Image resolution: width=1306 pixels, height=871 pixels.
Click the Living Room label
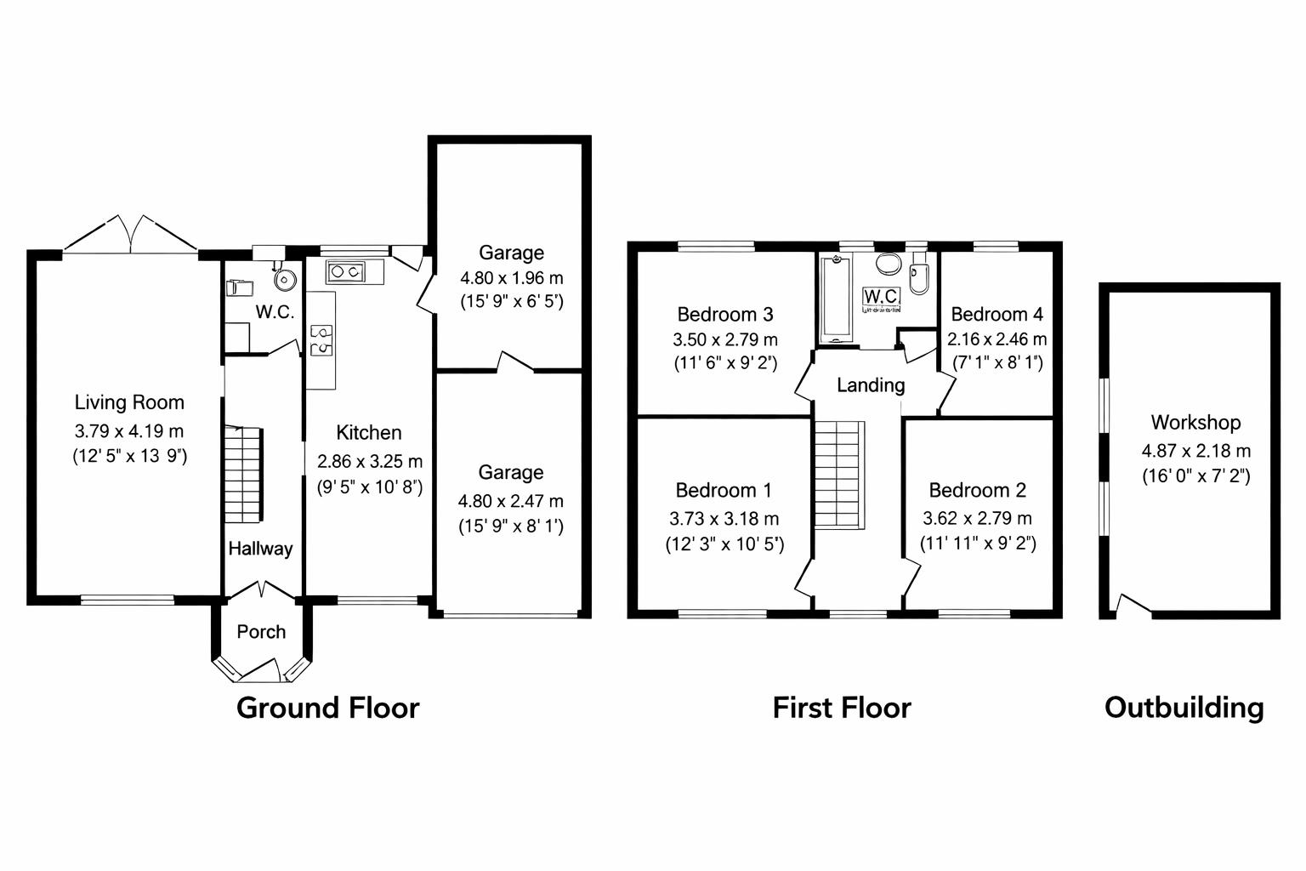pos(129,402)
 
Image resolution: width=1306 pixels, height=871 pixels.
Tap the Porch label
pos(261,632)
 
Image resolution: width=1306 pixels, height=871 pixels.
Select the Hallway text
pos(260,549)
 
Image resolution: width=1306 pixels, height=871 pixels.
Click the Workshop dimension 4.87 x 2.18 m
pos(1195,451)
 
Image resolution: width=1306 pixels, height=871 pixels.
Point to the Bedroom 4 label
pos(997,314)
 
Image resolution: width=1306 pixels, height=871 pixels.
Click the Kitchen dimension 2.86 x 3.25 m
pos(369,461)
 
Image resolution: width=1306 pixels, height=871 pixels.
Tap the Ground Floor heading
pos(327,708)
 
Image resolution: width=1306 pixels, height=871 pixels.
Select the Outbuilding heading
pos(1184,708)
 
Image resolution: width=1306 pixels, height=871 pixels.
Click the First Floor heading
pos(841,708)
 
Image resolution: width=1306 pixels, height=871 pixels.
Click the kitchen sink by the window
pos(346,272)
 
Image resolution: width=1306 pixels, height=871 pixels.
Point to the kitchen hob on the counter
pos(321,339)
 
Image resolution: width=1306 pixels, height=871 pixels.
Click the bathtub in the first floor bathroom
pos(835,298)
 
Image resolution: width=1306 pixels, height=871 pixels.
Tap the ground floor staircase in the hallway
pos(243,475)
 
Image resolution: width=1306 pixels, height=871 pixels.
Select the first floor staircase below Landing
pos(839,475)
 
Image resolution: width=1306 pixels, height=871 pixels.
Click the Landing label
pos(870,385)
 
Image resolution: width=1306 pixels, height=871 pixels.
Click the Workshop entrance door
pos(1132,605)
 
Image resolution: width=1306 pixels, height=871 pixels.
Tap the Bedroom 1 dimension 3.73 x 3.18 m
pos(724,518)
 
